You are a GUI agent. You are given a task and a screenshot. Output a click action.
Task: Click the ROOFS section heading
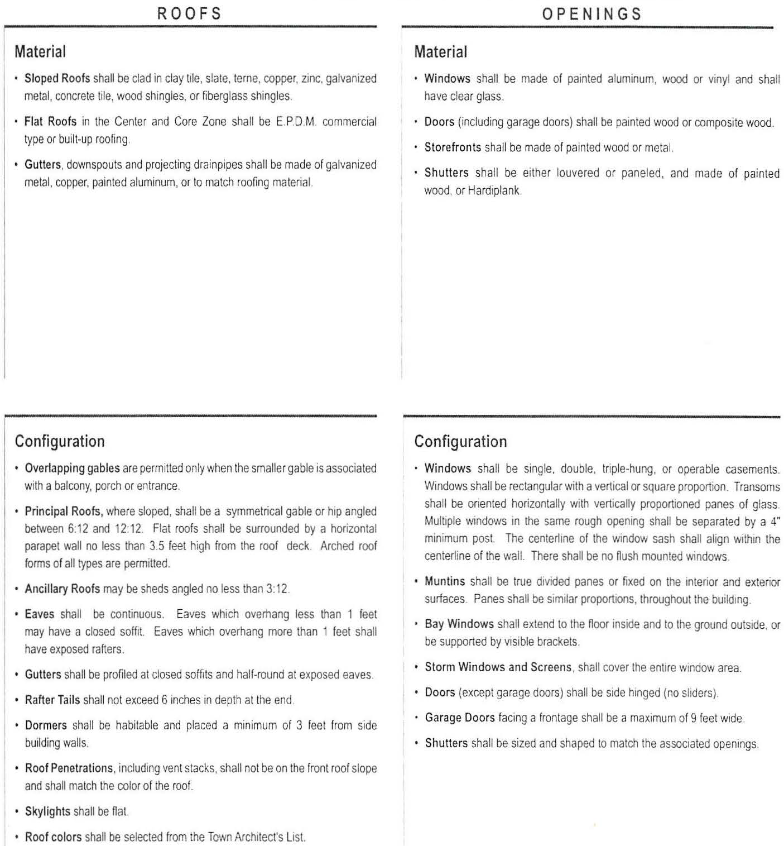coord(189,13)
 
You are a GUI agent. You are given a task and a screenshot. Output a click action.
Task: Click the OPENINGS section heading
coord(591,14)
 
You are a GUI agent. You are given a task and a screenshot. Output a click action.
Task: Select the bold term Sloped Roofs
coord(57,79)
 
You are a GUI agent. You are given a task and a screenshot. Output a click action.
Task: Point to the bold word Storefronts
coord(453,147)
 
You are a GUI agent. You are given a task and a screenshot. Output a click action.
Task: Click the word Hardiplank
coord(494,190)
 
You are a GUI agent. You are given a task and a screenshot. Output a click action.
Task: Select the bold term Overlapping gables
coord(72,468)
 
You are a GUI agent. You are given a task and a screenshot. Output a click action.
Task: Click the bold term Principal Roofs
coord(63,511)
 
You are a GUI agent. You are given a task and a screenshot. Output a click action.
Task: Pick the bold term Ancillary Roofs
coord(62,589)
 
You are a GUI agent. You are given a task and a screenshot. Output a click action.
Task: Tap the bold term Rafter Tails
coord(52,700)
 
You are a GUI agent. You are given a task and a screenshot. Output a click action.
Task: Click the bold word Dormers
coord(46,725)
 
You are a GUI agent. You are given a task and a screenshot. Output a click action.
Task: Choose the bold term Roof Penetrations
coord(69,768)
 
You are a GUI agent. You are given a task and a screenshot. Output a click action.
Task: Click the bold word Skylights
coord(47,811)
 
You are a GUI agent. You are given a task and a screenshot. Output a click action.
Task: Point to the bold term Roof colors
coord(53,837)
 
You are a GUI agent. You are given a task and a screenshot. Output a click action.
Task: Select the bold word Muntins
coord(445,581)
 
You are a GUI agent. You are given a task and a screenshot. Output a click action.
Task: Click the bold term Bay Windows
coord(459,624)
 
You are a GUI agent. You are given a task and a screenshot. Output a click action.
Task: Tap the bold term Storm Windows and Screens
coord(498,667)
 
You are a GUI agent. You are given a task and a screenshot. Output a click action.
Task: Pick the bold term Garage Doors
coord(460,718)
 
